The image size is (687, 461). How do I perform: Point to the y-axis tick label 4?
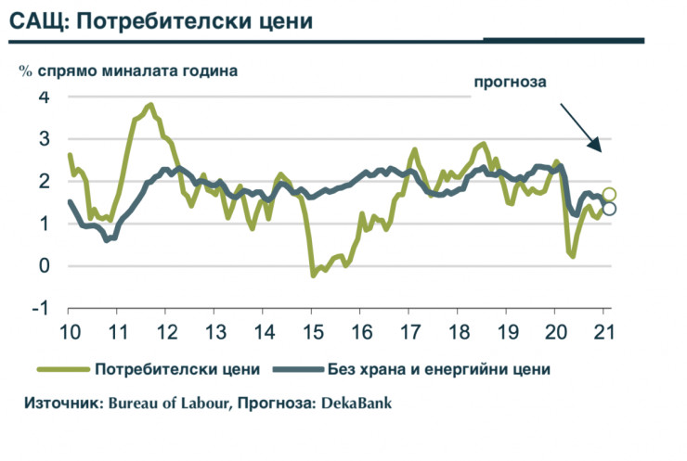coord(43,96)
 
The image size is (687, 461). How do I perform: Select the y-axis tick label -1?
coord(40,309)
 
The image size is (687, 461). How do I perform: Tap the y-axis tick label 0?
coord(43,266)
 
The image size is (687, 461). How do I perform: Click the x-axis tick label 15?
coord(311,333)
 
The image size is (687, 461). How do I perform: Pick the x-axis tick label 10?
coord(69,333)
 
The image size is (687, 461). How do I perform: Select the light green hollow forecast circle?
coord(609,195)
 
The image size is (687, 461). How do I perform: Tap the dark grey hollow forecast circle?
coord(609,209)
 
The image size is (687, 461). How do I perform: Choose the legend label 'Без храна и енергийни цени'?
coord(439,369)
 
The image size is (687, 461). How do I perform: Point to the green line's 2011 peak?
coord(150,105)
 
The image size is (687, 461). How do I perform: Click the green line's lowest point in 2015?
coord(313,275)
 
